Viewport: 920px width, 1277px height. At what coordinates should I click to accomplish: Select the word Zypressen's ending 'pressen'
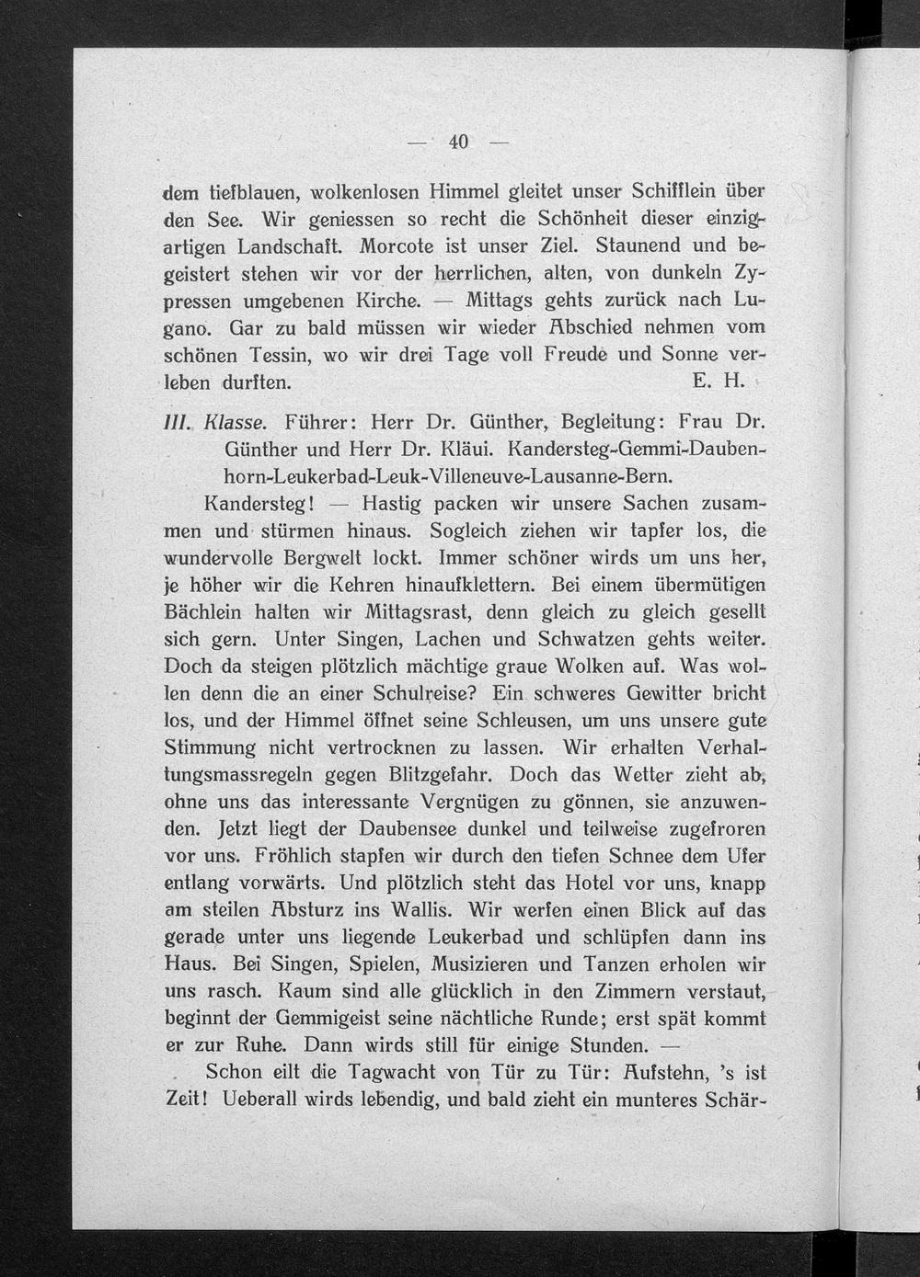pyautogui.click(x=201, y=302)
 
